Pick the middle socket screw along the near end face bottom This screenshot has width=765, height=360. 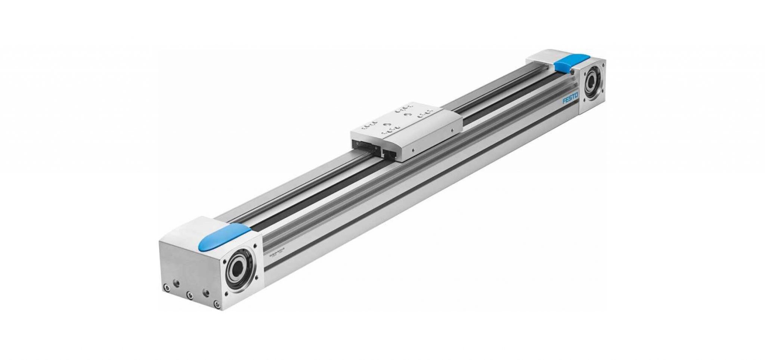(x=190, y=295)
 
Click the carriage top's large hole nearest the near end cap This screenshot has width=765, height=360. (x=387, y=125)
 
